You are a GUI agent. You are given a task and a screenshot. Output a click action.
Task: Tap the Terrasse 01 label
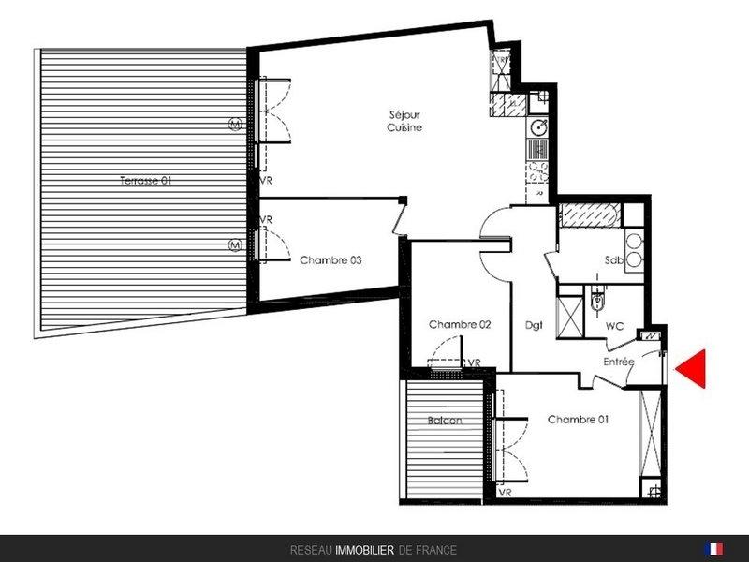click(x=145, y=181)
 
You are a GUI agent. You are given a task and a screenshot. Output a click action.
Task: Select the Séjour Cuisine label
click(x=404, y=121)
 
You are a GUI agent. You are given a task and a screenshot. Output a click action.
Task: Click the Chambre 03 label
click(x=330, y=260)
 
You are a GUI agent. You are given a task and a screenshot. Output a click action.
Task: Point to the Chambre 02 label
click(x=460, y=324)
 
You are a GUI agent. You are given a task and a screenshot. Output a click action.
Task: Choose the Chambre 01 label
click(x=578, y=419)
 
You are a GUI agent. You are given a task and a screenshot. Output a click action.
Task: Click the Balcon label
click(x=445, y=421)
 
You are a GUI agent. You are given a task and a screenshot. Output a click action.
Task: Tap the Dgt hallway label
click(x=534, y=325)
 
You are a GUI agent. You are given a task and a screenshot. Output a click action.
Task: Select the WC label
click(x=614, y=326)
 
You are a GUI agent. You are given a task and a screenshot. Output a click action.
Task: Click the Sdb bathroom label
click(x=614, y=260)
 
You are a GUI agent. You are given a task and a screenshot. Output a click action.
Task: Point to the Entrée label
click(x=619, y=362)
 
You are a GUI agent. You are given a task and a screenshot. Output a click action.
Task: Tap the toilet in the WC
click(x=596, y=299)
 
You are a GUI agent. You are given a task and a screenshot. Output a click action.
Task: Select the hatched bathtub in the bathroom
click(x=591, y=215)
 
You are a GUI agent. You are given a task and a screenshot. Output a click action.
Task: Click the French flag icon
click(x=713, y=549)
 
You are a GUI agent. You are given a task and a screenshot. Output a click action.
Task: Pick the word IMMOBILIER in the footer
click(x=365, y=550)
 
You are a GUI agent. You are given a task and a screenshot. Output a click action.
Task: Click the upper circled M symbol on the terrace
click(x=235, y=125)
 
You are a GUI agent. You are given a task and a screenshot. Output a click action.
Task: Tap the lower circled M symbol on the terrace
click(x=235, y=245)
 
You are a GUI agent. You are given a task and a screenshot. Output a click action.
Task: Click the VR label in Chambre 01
click(x=505, y=492)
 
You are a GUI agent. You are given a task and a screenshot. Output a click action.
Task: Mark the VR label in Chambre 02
click(x=474, y=363)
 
